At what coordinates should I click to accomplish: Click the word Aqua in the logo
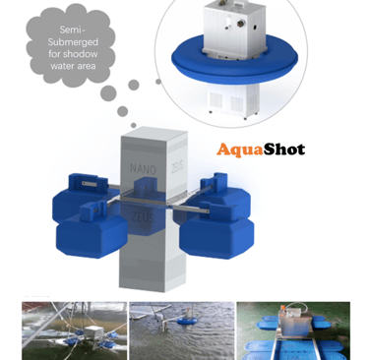(x=240, y=150)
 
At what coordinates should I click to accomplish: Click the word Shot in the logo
(x=284, y=150)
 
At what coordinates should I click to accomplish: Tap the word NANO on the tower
(x=143, y=169)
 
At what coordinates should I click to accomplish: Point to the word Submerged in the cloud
(x=73, y=42)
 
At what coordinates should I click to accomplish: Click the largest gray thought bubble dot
(x=108, y=93)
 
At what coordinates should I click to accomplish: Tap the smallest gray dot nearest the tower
(x=134, y=125)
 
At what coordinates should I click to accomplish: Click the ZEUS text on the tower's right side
(x=177, y=166)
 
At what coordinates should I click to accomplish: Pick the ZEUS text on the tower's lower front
(x=143, y=216)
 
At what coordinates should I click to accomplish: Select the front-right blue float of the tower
(x=216, y=230)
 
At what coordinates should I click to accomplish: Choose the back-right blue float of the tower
(x=226, y=194)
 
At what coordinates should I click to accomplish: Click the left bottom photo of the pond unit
(x=75, y=330)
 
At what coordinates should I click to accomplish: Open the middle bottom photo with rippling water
(x=182, y=330)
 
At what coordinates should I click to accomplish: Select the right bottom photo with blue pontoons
(x=293, y=330)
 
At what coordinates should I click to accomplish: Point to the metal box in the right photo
(x=293, y=322)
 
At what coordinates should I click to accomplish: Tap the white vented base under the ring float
(x=233, y=100)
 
